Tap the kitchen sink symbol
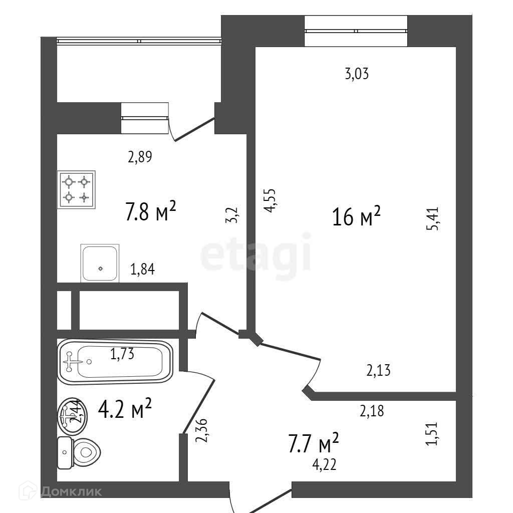(x=100, y=263)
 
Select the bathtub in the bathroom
(x=115, y=361)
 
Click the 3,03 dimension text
(x=357, y=75)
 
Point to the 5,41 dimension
(x=433, y=219)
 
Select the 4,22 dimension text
(x=324, y=465)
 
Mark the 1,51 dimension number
(x=433, y=433)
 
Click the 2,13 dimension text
(x=378, y=371)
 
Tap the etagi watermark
(x=256, y=257)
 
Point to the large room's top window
(x=356, y=31)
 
